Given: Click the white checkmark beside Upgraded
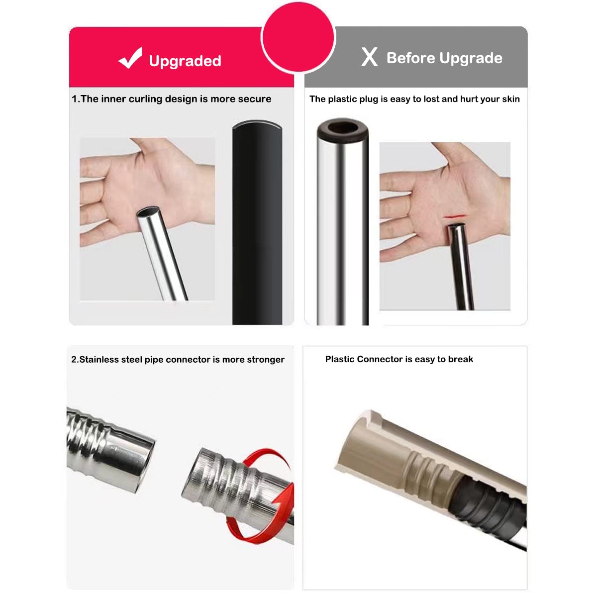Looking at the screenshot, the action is (130, 58).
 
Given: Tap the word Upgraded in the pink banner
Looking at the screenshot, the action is (185, 61).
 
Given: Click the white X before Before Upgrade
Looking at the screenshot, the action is (369, 57).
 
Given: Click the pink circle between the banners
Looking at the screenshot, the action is (298, 37).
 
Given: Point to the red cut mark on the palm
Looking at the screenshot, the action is (454, 216).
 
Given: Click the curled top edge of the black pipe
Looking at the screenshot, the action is (257, 124).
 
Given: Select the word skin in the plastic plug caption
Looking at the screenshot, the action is (511, 99).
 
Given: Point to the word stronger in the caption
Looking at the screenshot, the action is (266, 360).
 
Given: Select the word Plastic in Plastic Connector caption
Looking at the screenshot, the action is (340, 359).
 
